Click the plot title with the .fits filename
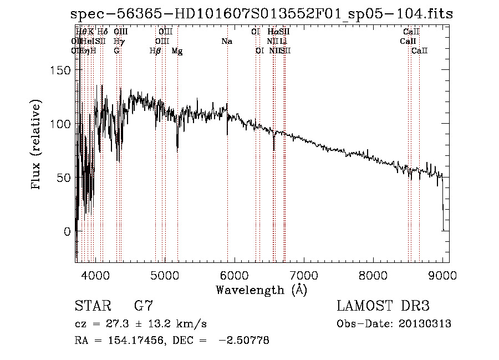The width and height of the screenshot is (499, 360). [x=262, y=14]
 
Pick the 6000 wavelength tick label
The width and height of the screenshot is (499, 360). [x=234, y=274]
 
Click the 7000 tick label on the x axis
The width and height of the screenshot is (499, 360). [x=304, y=274]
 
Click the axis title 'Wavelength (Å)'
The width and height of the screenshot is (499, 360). [x=261, y=290]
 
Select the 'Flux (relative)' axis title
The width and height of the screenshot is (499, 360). [x=37, y=145]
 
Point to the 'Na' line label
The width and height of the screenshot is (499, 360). [x=226, y=42]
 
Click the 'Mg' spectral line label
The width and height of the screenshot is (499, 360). [x=177, y=51]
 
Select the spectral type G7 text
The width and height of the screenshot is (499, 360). [x=144, y=306]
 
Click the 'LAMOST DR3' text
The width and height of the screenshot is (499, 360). [x=383, y=306]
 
